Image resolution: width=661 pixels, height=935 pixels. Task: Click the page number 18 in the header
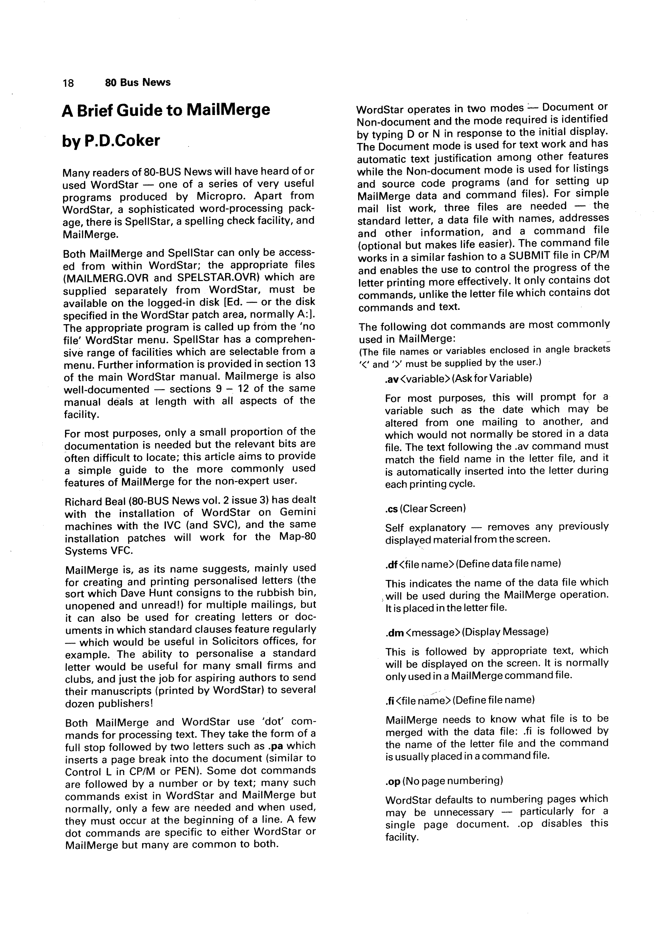click(x=68, y=83)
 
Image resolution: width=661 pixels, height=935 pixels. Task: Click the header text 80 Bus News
click(x=138, y=83)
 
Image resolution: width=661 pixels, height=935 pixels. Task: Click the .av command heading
click(x=458, y=378)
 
